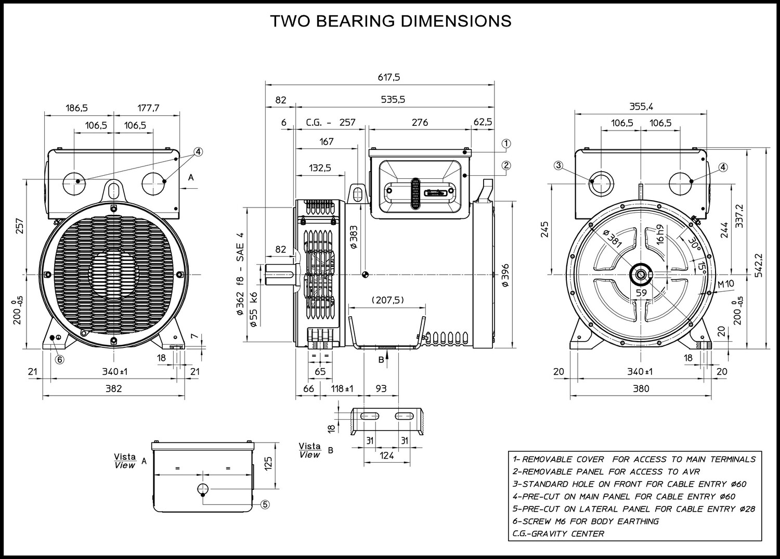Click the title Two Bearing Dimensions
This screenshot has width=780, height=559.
(391, 21)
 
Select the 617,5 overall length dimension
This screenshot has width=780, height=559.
(389, 77)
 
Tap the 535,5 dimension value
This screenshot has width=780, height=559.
(393, 100)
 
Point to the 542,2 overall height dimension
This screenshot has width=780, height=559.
(759, 265)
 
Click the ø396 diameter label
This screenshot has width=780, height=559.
(505, 275)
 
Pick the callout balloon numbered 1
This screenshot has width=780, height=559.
(506, 144)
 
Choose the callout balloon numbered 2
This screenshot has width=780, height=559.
(506, 165)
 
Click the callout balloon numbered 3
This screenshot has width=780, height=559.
(558, 165)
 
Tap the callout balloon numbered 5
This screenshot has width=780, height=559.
(265, 504)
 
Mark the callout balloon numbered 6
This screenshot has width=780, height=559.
(60, 359)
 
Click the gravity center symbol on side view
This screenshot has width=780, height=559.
(365, 275)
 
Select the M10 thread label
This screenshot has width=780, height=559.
(726, 284)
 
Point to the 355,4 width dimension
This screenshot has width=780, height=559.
(641, 107)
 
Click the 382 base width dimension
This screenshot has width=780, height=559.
(113, 388)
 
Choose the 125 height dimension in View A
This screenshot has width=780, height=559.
(268, 463)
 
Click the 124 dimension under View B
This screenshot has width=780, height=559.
(386, 455)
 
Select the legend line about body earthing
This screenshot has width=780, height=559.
(586, 522)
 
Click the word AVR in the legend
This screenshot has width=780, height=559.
(691, 472)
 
